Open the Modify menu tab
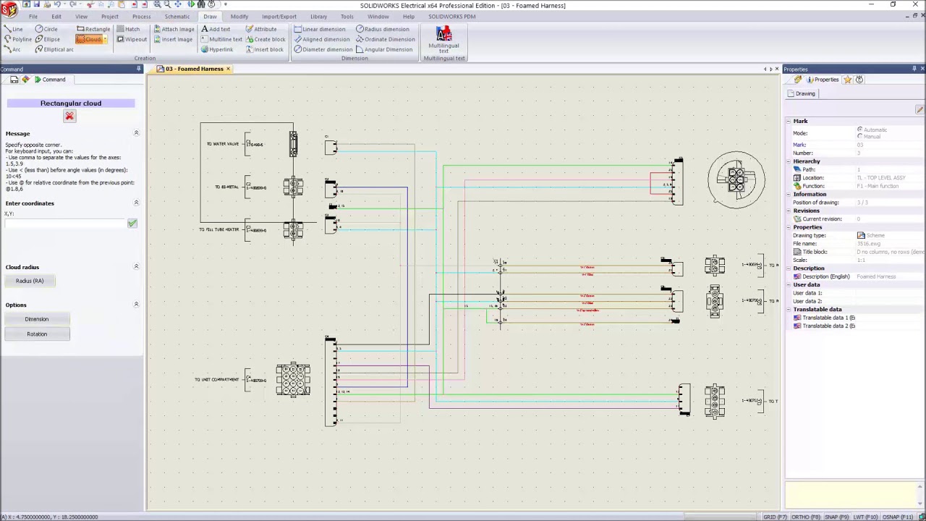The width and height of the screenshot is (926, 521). (239, 17)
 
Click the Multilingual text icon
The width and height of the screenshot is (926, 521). (443, 35)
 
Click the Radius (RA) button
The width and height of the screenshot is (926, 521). (30, 281)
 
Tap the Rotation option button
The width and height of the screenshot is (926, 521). (37, 334)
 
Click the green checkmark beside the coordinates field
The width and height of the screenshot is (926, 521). (132, 224)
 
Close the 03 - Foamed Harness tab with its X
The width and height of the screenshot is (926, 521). (228, 69)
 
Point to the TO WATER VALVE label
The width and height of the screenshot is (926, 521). (222, 144)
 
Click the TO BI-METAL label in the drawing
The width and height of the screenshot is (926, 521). (226, 187)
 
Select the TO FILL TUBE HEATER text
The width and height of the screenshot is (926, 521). (218, 229)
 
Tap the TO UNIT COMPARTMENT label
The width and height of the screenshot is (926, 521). (216, 379)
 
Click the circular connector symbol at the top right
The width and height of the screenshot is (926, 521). (736, 179)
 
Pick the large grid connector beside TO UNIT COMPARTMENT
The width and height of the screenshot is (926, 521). (293, 380)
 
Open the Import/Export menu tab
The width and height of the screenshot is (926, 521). (279, 17)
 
